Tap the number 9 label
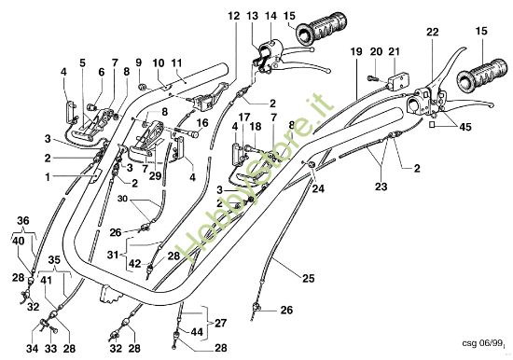[x=138, y=63]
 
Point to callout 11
[x=175, y=63]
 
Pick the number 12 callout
[x=232, y=17]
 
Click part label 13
[x=253, y=17]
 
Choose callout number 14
[x=271, y=17]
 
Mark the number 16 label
[x=203, y=121]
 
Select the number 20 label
[x=376, y=51]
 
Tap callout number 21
[x=395, y=51]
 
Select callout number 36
[x=24, y=220]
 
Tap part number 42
[x=135, y=264]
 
